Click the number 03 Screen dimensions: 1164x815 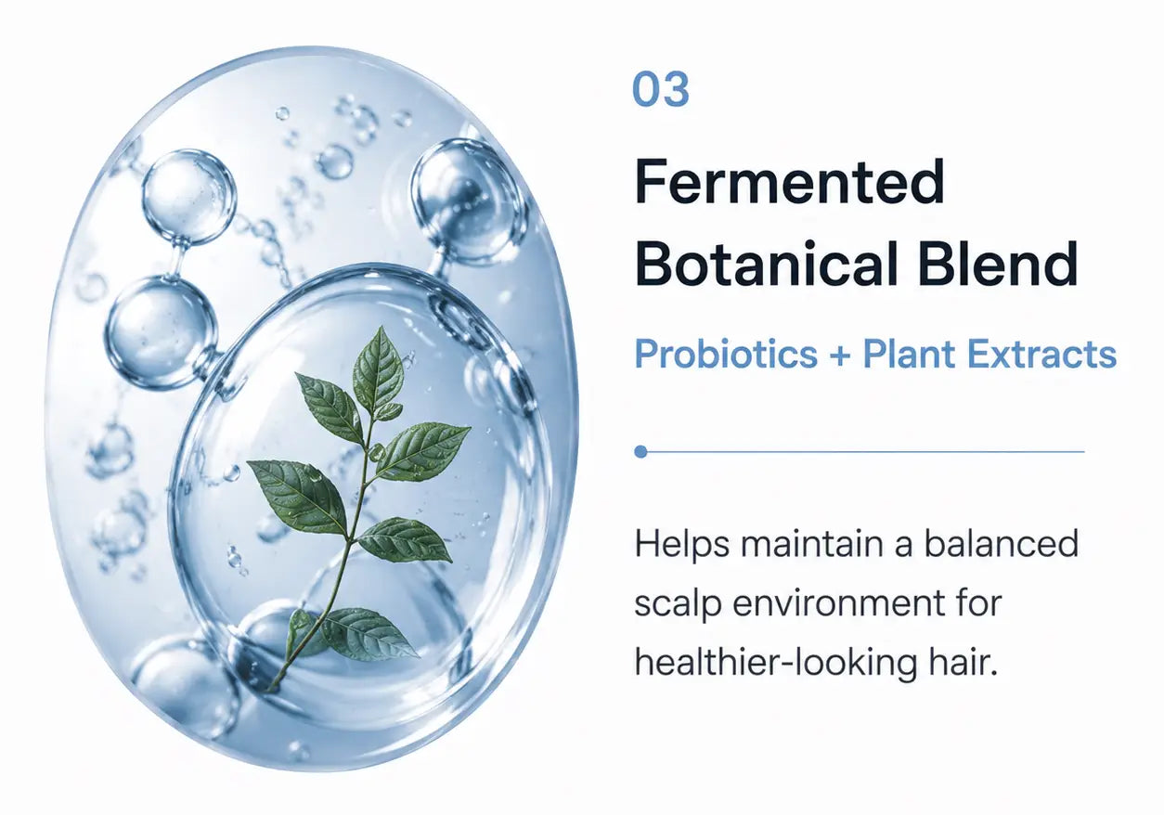[661, 89]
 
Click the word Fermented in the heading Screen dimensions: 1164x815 [789, 182]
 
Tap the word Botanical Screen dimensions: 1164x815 [766, 264]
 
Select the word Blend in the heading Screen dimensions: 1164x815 [997, 264]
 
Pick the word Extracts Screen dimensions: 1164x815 [1041, 355]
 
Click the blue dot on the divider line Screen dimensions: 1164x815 [640, 452]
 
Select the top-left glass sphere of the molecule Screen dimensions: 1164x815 [189, 197]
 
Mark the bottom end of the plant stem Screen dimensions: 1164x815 [268, 691]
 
